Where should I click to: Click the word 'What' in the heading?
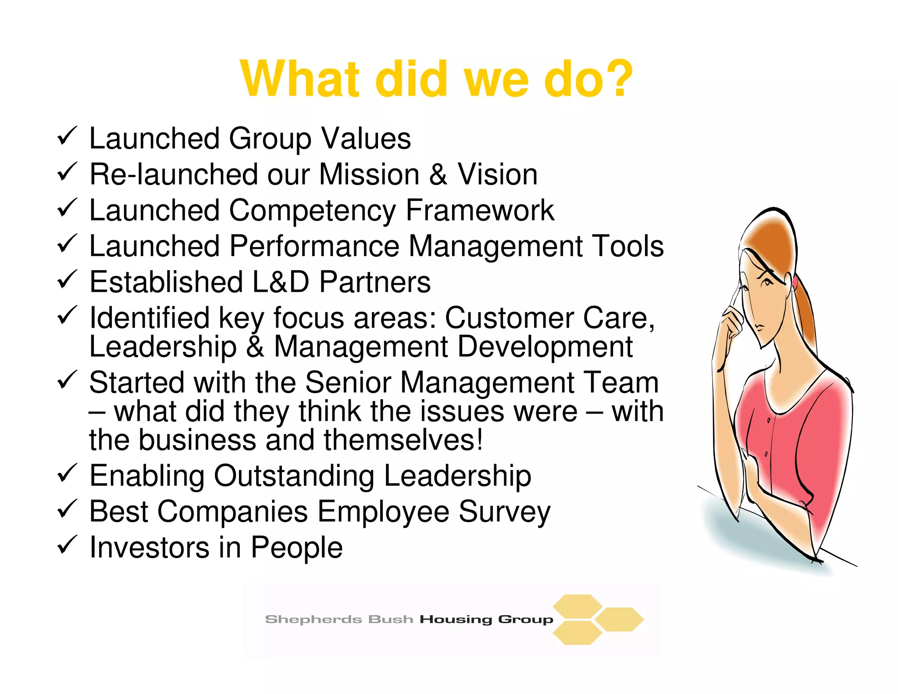(299, 79)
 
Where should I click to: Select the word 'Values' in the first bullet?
(366, 139)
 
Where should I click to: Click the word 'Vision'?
(498, 175)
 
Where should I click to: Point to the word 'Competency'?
(312, 211)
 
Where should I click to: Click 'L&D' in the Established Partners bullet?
(281, 282)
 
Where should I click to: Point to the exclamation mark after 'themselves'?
(480, 440)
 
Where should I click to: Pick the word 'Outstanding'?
(294, 476)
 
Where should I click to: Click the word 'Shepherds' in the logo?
(313, 619)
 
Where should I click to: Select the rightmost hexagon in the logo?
(619, 619)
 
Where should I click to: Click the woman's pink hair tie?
(795, 282)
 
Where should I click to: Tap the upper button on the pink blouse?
(769, 421)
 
